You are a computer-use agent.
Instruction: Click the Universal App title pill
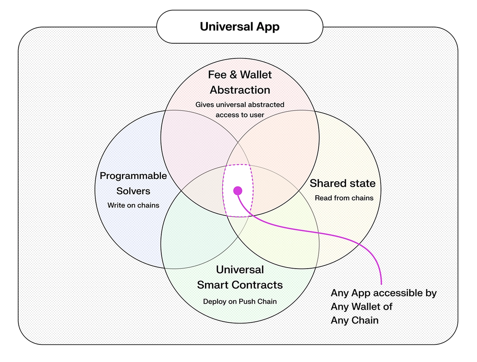pos(240,27)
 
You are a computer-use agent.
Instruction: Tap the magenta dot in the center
pos(238,190)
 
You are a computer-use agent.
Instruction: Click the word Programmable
pos(133,176)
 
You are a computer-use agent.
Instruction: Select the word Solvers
pos(133,191)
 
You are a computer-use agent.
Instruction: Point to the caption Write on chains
pos(133,205)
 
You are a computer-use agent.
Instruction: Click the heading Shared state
pos(343,183)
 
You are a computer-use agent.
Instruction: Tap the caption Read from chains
pos(344,198)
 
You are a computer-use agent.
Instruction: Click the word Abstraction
pos(240,90)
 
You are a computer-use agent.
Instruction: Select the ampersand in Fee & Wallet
pos(233,75)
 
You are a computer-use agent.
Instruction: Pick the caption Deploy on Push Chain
pos(240,301)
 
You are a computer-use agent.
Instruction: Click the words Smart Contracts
pos(240,285)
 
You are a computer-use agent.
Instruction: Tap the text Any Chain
pos(354,320)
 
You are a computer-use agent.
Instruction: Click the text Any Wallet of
pos(361,306)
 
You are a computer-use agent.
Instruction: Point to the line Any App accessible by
pos(383,293)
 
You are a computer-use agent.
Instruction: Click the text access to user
pos(240,115)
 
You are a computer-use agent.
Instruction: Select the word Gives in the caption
pos(205,105)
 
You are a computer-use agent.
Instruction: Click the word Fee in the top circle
pos(217,75)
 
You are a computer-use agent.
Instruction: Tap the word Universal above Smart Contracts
pos(240,269)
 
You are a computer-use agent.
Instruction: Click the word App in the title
pos(268,27)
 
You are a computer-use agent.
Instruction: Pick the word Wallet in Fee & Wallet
pos(256,75)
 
